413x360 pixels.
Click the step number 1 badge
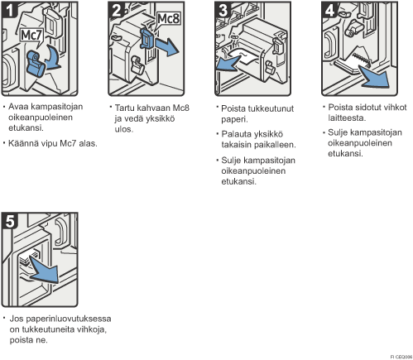point(9,10)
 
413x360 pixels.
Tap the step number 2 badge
point(116,10)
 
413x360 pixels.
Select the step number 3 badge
point(223,10)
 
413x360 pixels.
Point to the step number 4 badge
point(329,10)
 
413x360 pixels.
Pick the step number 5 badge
point(9,221)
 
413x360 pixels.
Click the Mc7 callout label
point(31,35)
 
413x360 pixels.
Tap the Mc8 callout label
point(168,18)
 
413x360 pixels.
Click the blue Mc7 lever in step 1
point(36,64)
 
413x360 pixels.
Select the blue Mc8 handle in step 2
point(147,39)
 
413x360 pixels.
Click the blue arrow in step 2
point(166,46)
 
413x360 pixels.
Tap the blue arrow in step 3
point(228,64)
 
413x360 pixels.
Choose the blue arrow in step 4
point(376,76)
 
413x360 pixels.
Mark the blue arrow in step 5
point(44,270)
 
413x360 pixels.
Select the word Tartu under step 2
point(124,108)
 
